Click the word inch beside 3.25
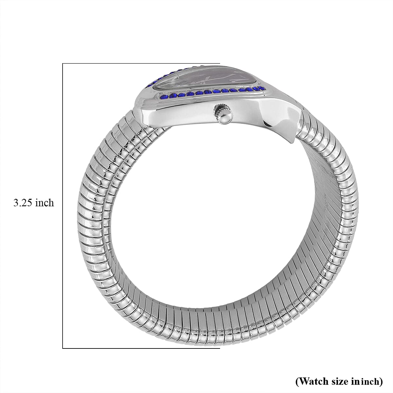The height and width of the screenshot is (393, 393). click(x=44, y=203)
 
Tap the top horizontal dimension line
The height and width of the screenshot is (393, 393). click(x=141, y=64)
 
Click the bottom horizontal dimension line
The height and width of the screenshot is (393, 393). click(x=141, y=339)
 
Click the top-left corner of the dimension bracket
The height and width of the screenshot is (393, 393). click(x=63, y=64)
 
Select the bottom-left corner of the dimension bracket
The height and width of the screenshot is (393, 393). click(x=63, y=339)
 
